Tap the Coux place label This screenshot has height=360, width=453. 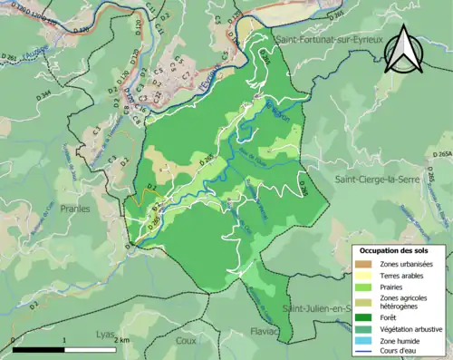point(186,341)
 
